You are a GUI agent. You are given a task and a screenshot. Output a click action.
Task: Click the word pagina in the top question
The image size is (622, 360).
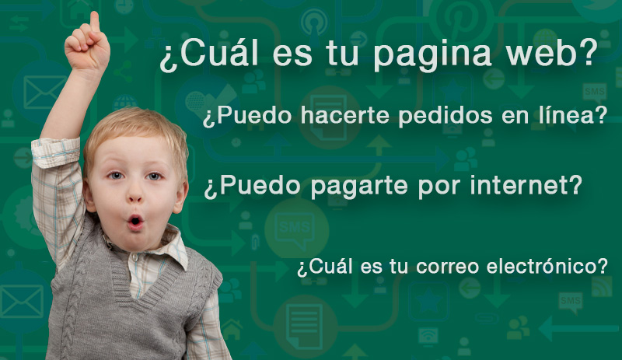pyautogui.click(x=432, y=54)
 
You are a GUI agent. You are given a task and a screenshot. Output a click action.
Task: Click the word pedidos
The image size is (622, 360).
pyautogui.click(x=446, y=117)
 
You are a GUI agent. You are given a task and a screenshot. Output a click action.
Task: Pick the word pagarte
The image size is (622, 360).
pyautogui.click(x=359, y=187)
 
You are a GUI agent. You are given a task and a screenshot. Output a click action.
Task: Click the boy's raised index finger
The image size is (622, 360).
pyautogui.click(x=95, y=21)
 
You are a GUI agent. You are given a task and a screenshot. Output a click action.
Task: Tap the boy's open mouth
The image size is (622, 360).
pyautogui.click(x=135, y=222)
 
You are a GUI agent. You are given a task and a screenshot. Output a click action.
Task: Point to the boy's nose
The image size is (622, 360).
pyautogui.click(x=135, y=194)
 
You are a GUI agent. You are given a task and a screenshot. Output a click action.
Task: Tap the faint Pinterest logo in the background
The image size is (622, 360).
pyautogui.click(x=460, y=18)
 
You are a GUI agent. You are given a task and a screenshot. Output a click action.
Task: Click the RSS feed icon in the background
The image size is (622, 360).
pyautogui.click(x=602, y=287)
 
